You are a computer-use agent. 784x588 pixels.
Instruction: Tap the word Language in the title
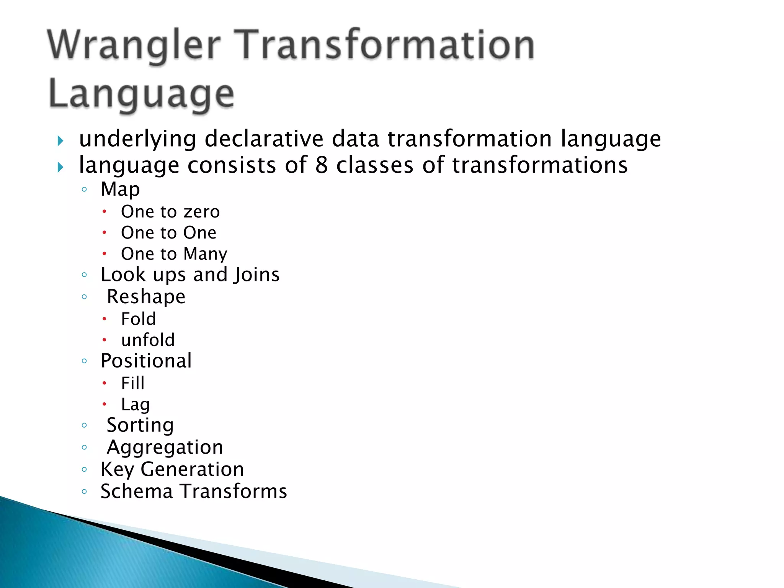[x=141, y=95]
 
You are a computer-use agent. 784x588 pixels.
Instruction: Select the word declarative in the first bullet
[x=264, y=139]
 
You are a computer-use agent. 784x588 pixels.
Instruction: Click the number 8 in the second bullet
[x=322, y=165]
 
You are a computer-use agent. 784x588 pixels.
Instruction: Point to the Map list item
[x=120, y=189]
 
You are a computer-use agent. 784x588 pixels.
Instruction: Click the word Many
[x=205, y=254]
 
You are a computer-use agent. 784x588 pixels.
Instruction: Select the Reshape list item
[x=146, y=297]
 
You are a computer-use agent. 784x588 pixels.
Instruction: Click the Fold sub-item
[x=139, y=319]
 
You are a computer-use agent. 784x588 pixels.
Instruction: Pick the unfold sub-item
[x=148, y=340]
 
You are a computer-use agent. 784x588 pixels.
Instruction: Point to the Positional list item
[x=146, y=361]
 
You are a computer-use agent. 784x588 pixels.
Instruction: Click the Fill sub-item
[x=133, y=383]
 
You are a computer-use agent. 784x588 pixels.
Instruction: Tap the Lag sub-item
[x=135, y=405]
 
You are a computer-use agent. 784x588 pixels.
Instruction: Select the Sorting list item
[x=140, y=425]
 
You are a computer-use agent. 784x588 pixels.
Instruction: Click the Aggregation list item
[x=165, y=448]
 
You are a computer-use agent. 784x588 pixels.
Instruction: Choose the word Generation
[x=192, y=469]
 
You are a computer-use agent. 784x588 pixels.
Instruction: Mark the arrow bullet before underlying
[x=60, y=141]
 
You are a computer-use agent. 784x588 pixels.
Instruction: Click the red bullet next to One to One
[x=104, y=232]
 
